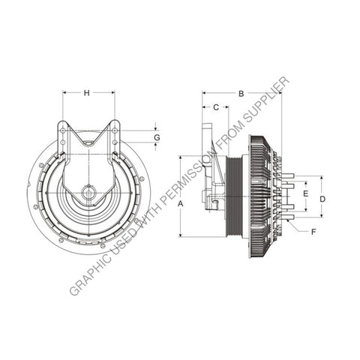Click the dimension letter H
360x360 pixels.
click(87, 93)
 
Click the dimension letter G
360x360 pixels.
click(157, 138)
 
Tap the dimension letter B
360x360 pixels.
click(241, 93)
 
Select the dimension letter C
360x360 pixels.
click(216, 107)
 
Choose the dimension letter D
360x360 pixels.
click(322, 199)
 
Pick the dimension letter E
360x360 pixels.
click(305, 193)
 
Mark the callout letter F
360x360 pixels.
click(313, 232)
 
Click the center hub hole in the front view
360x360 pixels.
click(88, 193)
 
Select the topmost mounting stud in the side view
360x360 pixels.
click(287, 177)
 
